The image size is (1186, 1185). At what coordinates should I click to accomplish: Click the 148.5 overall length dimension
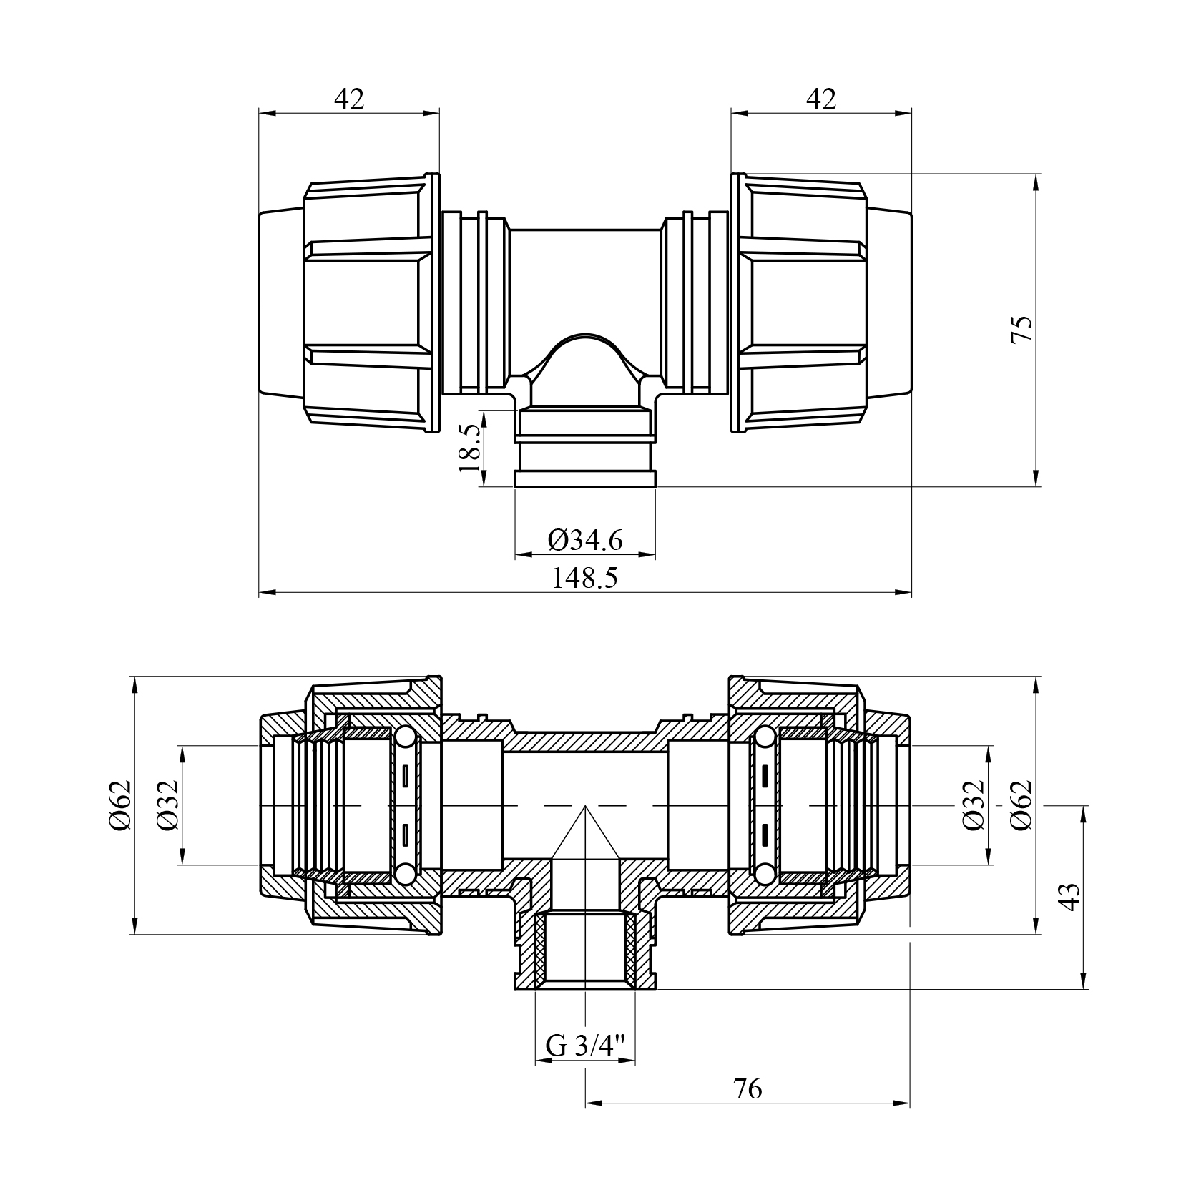click(584, 578)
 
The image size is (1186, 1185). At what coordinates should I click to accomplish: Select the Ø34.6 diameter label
click(585, 540)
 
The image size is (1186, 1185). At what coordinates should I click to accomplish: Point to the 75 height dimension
click(1022, 330)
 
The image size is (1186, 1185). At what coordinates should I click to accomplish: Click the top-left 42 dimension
click(349, 99)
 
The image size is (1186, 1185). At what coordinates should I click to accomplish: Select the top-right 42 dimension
click(821, 99)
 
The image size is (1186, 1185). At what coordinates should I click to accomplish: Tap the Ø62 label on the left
click(119, 805)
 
